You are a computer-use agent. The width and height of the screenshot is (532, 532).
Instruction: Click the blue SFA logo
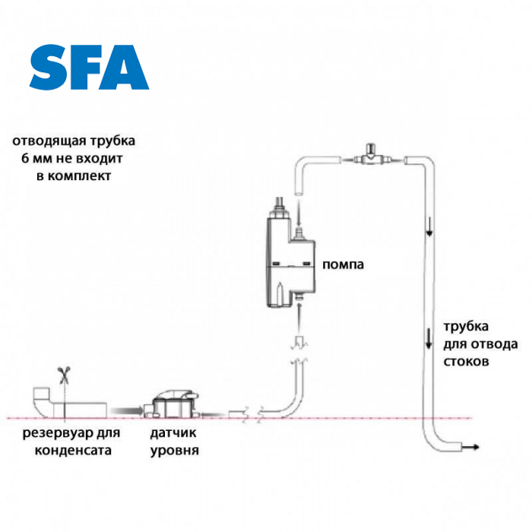89,68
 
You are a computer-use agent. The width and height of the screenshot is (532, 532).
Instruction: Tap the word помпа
344,265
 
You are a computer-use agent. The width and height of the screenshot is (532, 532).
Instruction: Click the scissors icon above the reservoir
64,374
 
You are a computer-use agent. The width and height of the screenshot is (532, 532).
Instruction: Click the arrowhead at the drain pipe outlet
474,447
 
